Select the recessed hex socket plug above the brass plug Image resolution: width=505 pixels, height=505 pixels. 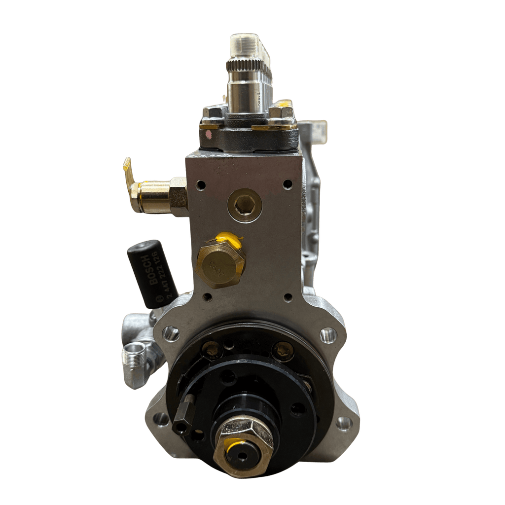[x=244, y=205]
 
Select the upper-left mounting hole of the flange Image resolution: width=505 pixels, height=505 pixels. [x=171, y=333]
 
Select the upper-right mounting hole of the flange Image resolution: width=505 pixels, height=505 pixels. [x=328, y=335]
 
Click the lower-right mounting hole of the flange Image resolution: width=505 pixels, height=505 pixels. [x=343, y=423]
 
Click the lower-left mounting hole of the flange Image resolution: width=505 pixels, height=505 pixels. [x=161, y=420]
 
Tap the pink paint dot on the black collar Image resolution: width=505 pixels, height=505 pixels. [x=209, y=133]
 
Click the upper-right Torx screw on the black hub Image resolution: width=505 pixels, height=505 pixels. [x=284, y=351]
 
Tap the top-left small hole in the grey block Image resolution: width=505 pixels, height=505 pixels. [x=201, y=186]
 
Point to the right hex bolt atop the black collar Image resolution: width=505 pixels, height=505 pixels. [x=282, y=112]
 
